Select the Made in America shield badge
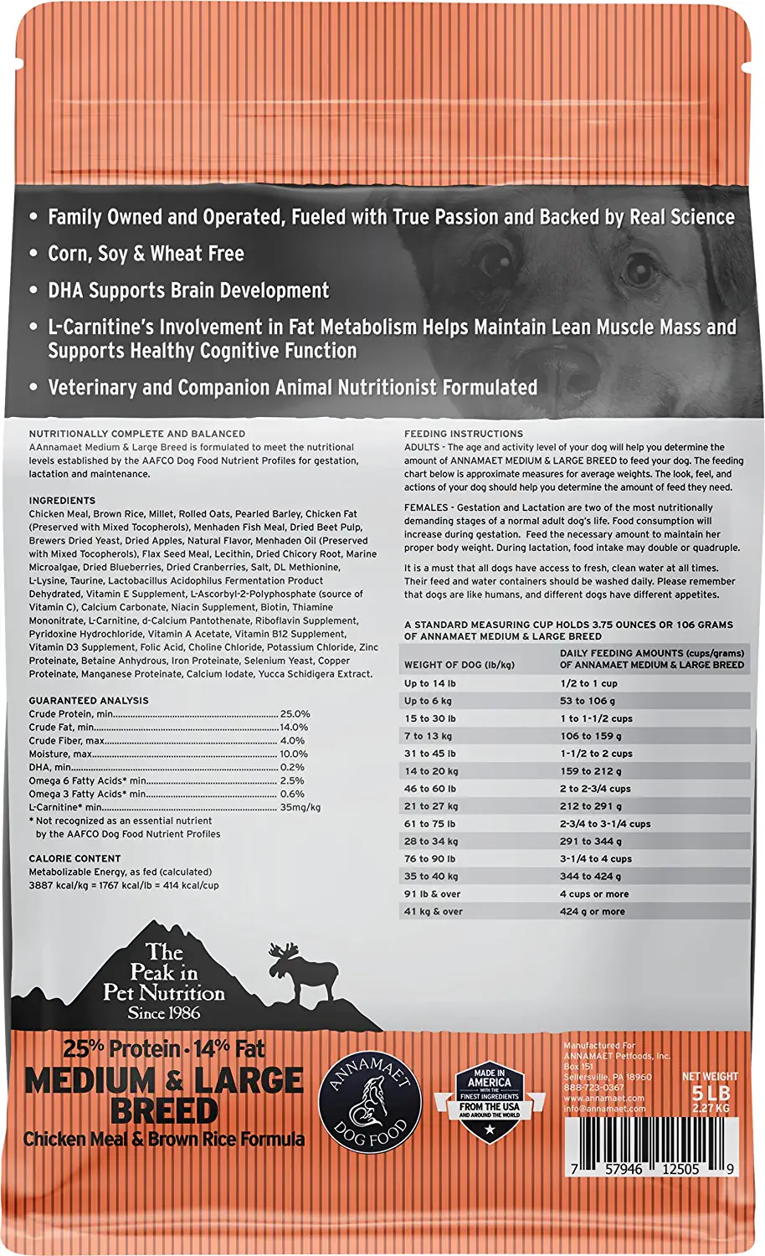coord(489,1102)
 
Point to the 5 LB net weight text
coord(711,1093)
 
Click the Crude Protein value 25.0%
coord(295,714)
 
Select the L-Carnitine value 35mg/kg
coord(300,807)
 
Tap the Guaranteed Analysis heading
coord(89,701)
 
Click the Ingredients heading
coord(62,501)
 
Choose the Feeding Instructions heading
coord(464,434)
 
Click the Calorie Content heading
coord(74,858)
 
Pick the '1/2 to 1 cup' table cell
coord(588,683)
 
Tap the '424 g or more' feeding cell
coord(592,912)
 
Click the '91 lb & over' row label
coord(433,894)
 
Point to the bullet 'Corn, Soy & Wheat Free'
coord(146,254)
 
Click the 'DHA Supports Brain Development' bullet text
coord(188,291)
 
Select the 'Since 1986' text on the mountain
coord(164,1013)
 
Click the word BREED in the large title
coord(164,1111)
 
